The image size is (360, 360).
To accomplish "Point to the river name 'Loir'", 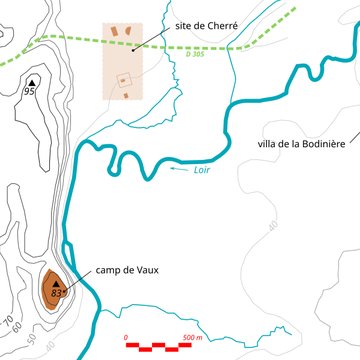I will click(x=202, y=171).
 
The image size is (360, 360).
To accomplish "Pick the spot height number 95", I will click(x=30, y=91).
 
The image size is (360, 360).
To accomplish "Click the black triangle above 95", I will click(x=31, y=81).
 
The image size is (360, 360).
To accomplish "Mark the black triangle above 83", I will click(x=57, y=285).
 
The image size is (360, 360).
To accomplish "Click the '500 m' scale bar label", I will click(x=192, y=338).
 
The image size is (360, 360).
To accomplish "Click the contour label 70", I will click(x=9, y=322).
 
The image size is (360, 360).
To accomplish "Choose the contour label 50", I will click(x=33, y=341).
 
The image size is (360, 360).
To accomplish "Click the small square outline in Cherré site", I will click(x=124, y=79).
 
